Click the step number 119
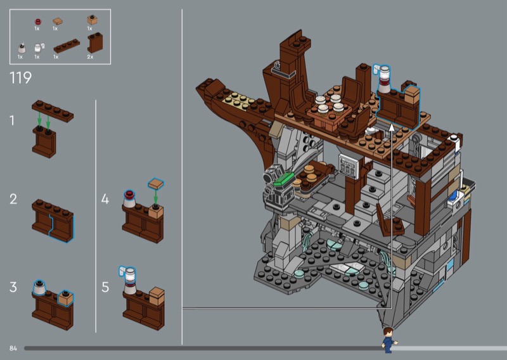tap(21, 77)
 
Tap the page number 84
tap(13, 348)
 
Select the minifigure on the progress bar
tap(388, 340)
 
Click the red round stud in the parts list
tap(38, 22)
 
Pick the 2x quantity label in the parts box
tap(90, 57)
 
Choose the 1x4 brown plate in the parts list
tap(67, 46)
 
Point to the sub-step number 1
tap(12, 120)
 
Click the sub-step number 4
tap(105, 199)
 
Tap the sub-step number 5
tap(105, 287)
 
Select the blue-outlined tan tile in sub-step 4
tap(156, 183)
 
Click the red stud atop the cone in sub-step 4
tap(129, 194)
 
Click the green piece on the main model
tap(284, 179)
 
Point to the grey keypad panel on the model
tap(348, 165)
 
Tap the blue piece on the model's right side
tap(452, 196)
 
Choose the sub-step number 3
tap(13, 287)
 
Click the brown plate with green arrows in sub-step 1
tap(53, 111)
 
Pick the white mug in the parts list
tap(39, 48)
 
